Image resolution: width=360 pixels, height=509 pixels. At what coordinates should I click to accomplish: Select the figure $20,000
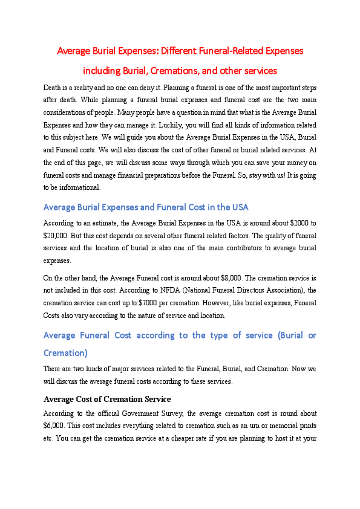coord(54,235)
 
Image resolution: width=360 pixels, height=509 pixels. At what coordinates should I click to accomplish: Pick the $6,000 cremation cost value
coord(54,426)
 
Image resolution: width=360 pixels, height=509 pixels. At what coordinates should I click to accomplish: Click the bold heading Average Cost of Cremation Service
coord(107,400)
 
